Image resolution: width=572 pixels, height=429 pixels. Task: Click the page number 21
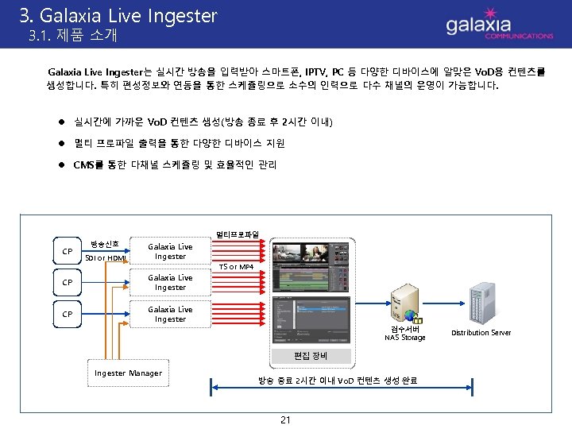click(285, 419)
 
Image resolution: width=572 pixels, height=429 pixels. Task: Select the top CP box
click(68, 252)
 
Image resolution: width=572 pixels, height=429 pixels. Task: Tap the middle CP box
click(68, 283)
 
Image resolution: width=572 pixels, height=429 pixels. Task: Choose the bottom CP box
click(68, 314)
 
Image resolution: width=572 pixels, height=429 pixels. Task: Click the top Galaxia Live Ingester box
click(170, 252)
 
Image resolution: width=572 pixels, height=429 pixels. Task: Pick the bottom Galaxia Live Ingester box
click(170, 314)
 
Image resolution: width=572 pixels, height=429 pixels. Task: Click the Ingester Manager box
click(128, 373)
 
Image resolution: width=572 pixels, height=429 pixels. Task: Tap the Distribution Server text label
click(481, 333)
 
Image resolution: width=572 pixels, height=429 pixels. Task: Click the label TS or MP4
click(236, 267)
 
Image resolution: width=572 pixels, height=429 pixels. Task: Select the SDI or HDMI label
click(105, 257)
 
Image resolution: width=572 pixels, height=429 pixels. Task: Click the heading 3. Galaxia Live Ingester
click(118, 15)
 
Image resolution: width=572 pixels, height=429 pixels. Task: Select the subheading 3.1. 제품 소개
click(72, 36)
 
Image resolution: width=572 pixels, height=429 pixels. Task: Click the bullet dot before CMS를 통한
click(60, 165)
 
